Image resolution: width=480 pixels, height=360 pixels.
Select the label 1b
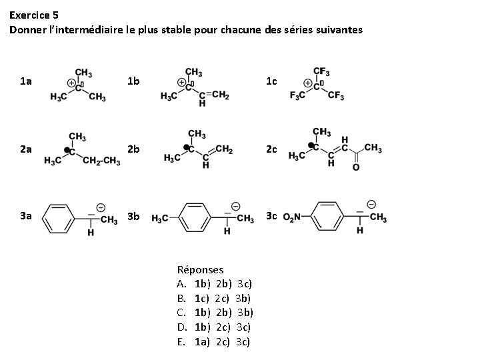tap(133, 81)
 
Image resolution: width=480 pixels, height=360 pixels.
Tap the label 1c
tap(271, 81)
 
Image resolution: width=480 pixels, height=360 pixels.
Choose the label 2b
tap(133, 149)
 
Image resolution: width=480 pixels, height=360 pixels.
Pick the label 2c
tap(271, 149)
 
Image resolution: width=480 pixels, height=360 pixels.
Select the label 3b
tap(133, 216)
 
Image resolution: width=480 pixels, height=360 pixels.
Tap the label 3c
tap(271, 216)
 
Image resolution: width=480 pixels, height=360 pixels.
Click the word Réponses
tap(200, 270)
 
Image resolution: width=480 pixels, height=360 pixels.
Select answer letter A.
tap(181, 284)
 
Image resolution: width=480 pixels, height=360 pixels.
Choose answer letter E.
tap(181, 342)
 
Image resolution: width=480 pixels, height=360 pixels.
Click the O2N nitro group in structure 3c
tap(293, 217)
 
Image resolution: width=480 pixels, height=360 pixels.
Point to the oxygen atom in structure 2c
tap(355, 167)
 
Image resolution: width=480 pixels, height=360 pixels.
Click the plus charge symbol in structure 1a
tap(70, 83)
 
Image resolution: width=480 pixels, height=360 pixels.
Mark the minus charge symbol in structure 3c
tap(371, 203)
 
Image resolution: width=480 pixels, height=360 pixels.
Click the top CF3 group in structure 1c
tap(323, 71)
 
